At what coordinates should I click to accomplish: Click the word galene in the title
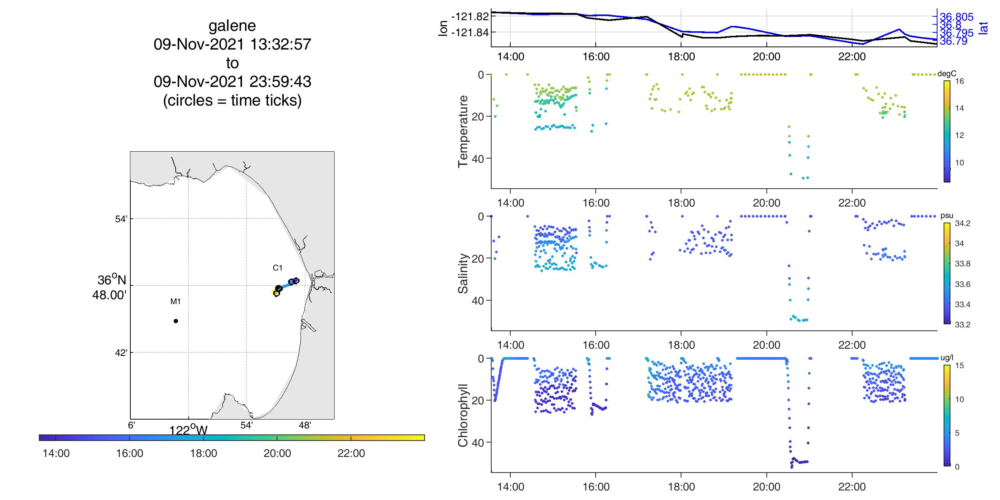tap(232, 26)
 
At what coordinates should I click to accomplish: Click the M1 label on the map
tap(175, 301)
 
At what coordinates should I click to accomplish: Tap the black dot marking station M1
tap(176, 321)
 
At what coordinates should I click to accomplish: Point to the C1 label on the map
tap(277, 268)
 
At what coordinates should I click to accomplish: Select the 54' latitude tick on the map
tap(122, 219)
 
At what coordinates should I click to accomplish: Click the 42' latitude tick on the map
tap(122, 353)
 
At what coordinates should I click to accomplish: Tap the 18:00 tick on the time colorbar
tap(204, 453)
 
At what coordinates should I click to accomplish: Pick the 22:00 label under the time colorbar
tap(351, 453)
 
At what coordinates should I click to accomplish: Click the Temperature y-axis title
tap(463, 131)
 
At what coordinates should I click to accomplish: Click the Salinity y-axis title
tap(463, 273)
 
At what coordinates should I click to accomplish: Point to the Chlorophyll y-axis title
tap(463, 415)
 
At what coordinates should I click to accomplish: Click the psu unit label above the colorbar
tap(947, 216)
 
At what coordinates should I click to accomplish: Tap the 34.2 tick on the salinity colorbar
tap(962, 223)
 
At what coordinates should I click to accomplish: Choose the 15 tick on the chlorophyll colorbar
tap(959, 366)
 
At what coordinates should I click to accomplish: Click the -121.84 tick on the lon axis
tap(470, 32)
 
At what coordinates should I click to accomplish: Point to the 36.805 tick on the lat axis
tap(957, 17)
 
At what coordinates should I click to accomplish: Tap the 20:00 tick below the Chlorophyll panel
tap(766, 487)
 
